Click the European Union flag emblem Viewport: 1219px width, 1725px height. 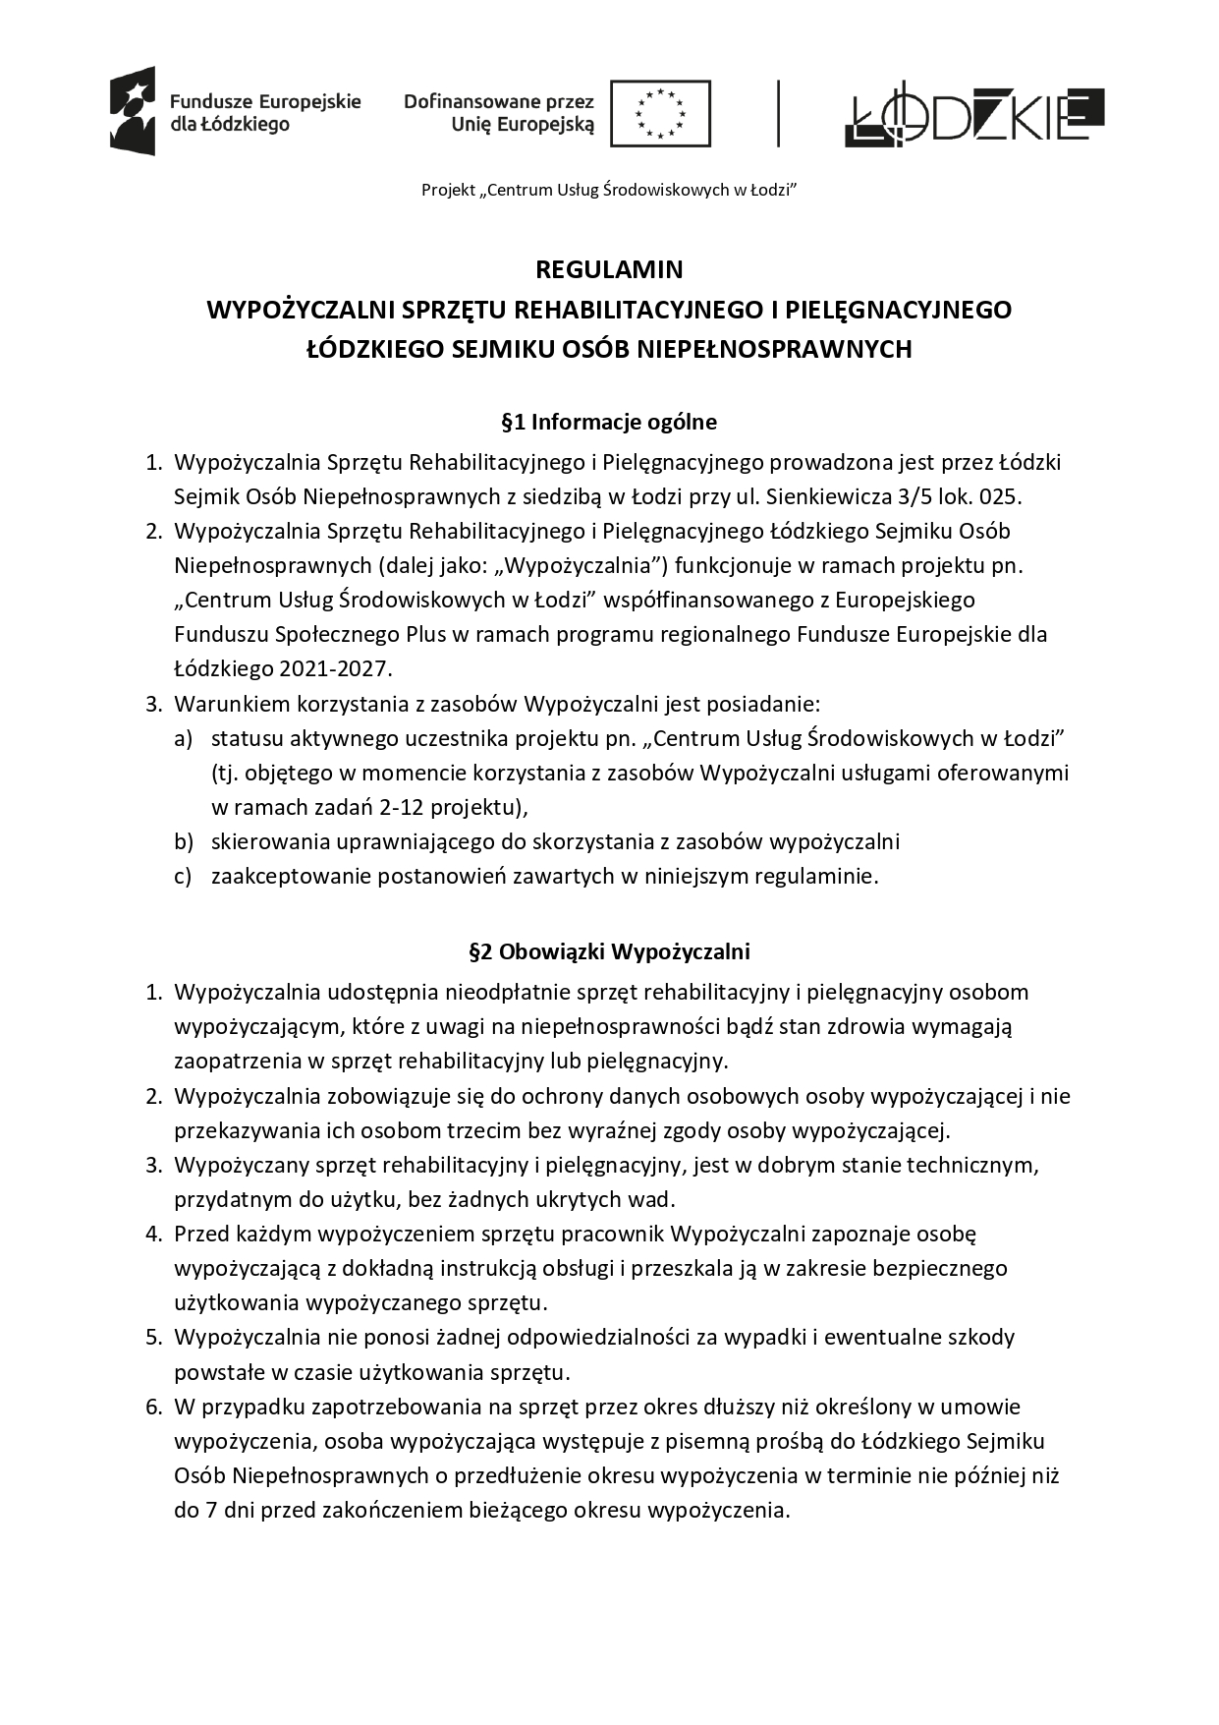coord(660,114)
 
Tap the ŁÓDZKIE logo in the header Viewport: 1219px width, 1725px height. coord(973,116)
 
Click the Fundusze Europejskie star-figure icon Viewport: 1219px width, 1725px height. coord(133,111)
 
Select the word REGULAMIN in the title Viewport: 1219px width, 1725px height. coord(609,269)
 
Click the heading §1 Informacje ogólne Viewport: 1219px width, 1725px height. coord(609,423)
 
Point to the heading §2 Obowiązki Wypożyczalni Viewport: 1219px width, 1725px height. coord(609,951)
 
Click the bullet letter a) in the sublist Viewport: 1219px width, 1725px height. coord(184,738)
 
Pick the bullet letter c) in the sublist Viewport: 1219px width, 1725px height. coord(184,876)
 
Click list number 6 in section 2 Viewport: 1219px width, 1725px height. coord(153,1407)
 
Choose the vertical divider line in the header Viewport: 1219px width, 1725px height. coord(779,114)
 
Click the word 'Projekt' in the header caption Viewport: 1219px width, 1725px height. coord(448,190)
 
